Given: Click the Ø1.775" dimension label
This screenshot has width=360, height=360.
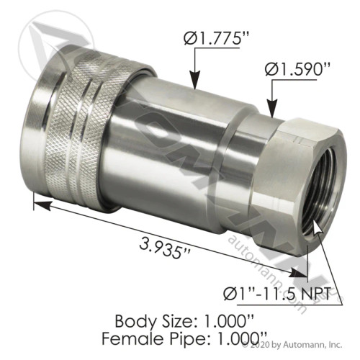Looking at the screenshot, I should click(x=199, y=37).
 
